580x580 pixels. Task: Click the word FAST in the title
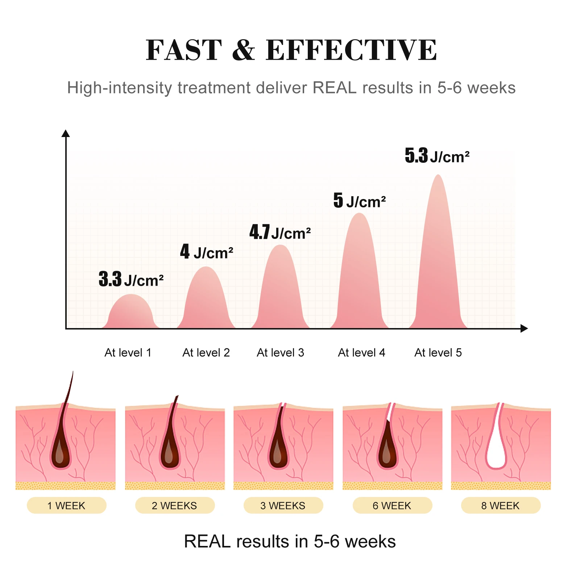pyautogui.click(x=183, y=50)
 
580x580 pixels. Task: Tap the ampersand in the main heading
pyautogui.click(x=243, y=50)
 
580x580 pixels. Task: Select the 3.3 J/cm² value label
pyautogui.click(x=131, y=279)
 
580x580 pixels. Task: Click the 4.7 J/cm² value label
pyautogui.click(x=280, y=232)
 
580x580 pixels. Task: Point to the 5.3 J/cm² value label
pyautogui.click(x=437, y=156)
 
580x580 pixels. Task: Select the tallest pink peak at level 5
pyautogui.click(x=438, y=254)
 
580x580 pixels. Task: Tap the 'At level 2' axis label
pyautogui.click(x=206, y=353)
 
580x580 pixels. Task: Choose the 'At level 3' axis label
pyautogui.click(x=280, y=353)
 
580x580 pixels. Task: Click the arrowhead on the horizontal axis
pyautogui.click(x=524, y=328)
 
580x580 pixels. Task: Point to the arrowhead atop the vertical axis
pyautogui.click(x=66, y=133)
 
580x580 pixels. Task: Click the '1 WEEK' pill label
pyautogui.click(x=66, y=505)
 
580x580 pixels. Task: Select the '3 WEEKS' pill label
pyautogui.click(x=283, y=505)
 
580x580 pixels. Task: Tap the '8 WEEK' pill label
pyautogui.click(x=500, y=505)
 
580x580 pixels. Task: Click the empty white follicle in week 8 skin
pyautogui.click(x=496, y=453)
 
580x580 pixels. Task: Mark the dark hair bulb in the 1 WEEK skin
pyautogui.click(x=61, y=453)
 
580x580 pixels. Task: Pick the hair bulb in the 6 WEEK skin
pyautogui.click(x=388, y=451)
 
